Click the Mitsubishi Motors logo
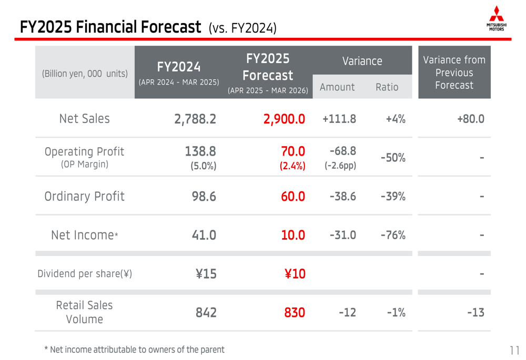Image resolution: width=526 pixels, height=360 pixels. [496, 18]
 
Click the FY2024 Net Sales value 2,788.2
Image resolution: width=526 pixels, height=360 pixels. [195, 119]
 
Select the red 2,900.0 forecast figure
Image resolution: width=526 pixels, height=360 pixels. [285, 119]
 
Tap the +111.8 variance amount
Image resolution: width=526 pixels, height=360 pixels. [339, 119]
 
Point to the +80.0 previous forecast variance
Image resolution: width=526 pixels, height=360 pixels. [470, 119]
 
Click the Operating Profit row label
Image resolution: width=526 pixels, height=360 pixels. [85, 157]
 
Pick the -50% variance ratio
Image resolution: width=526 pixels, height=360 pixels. [392, 157]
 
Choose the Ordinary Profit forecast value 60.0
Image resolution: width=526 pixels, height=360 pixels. [294, 197]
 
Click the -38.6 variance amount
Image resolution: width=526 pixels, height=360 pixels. [342, 197]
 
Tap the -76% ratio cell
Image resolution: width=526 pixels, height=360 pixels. [392, 235]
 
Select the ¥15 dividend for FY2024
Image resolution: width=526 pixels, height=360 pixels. [206, 274]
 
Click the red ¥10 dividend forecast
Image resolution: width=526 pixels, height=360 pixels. [295, 274]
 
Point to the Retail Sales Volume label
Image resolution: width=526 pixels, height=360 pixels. [84, 312]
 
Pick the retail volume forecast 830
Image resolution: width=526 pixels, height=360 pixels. [295, 313]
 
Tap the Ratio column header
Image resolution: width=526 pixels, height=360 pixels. [387, 87]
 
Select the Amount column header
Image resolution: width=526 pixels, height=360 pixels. [337, 87]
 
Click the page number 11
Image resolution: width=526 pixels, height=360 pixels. [514, 350]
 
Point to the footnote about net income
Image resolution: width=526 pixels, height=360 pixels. [134, 349]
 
